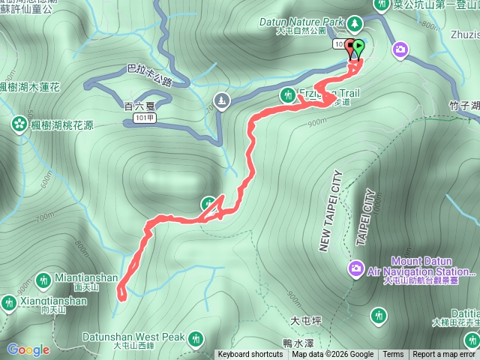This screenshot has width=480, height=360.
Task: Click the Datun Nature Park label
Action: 310,22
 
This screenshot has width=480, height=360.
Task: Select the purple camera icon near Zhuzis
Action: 401,49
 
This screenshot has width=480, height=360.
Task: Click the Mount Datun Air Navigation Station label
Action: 430,267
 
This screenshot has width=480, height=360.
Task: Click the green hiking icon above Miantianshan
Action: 43,279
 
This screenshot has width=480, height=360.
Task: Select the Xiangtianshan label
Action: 54,301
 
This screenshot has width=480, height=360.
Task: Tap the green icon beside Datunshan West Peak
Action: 196,339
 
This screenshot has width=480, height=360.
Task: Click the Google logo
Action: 28,349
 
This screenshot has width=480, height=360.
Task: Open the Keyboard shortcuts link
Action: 250,355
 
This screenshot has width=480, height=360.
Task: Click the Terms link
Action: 393,355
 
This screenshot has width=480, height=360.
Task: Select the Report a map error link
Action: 444,355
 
